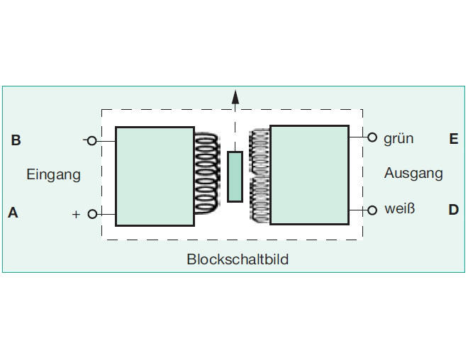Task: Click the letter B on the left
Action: pyautogui.click(x=16, y=140)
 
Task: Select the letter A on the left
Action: pyautogui.click(x=13, y=213)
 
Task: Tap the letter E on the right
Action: pyautogui.click(x=454, y=139)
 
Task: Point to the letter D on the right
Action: pyautogui.click(x=453, y=210)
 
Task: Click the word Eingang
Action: pyautogui.click(x=53, y=174)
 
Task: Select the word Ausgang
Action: pyautogui.click(x=413, y=173)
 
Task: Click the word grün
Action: pyautogui.click(x=399, y=139)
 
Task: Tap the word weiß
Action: pyautogui.click(x=400, y=208)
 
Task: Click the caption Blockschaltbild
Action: pyautogui.click(x=238, y=259)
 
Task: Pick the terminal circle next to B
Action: pyautogui.click(x=92, y=140)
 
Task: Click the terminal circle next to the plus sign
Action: pyautogui.click(x=92, y=214)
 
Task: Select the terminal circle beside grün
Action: pyautogui.click(x=372, y=137)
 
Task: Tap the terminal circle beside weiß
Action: pyautogui.click(x=372, y=210)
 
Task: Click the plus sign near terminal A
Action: pyautogui.click(x=76, y=215)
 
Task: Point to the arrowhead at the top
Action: pyautogui.click(x=235, y=97)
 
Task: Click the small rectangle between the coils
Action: pyautogui.click(x=235, y=177)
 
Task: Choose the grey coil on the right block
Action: pyautogui.click(x=260, y=176)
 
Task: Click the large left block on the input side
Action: pyautogui.click(x=155, y=176)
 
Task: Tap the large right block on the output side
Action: pyautogui.click(x=309, y=175)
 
